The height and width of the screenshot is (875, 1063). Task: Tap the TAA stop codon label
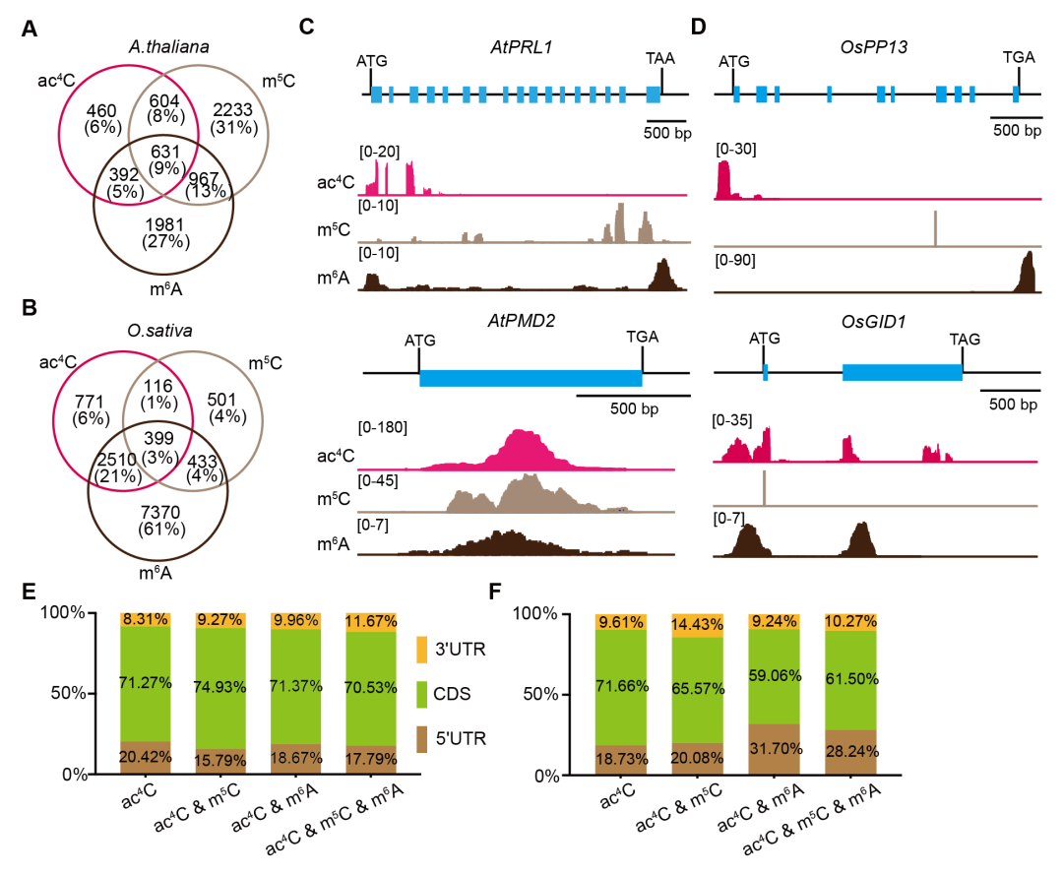(659, 60)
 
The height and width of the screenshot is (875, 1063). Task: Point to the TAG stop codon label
(964, 339)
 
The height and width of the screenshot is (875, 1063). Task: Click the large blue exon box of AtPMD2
(531, 378)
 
